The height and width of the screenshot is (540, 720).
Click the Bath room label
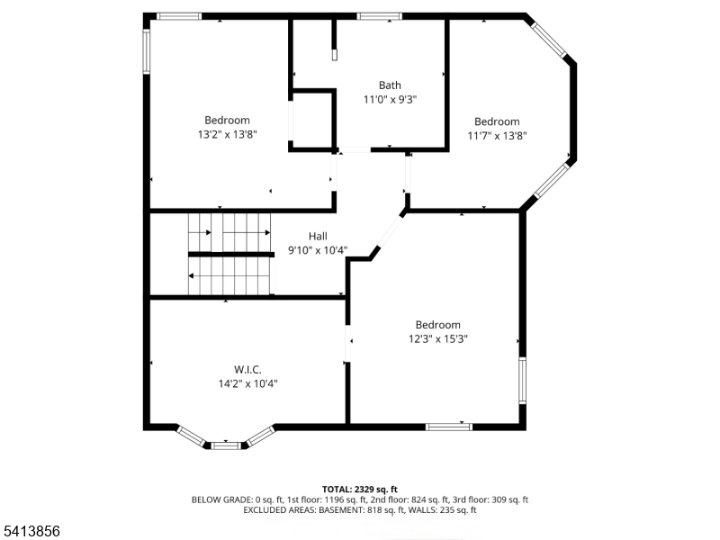click(x=390, y=85)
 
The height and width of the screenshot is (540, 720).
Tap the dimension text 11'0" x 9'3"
click(x=390, y=100)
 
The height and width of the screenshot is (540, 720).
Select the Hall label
click(x=318, y=236)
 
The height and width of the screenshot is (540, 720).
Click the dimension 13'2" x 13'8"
click(x=227, y=134)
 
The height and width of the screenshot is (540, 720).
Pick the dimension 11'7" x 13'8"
click(x=497, y=136)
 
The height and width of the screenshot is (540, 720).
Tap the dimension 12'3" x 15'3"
click(x=437, y=339)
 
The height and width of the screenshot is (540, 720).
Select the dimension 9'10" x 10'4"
click(x=318, y=250)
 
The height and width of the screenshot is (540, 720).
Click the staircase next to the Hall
click(x=229, y=255)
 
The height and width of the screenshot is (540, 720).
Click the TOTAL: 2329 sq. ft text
click(x=360, y=489)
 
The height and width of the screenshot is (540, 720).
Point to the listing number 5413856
click(x=31, y=532)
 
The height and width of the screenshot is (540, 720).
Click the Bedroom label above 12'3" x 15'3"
click(x=437, y=325)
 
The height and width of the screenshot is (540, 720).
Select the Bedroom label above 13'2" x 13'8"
click(x=227, y=120)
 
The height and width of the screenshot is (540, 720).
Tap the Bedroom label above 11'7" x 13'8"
click(x=497, y=121)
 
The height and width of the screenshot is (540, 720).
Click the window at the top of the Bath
click(x=379, y=16)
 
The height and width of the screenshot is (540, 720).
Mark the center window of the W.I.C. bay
click(x=226, y=445)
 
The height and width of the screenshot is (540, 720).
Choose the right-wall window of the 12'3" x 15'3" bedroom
click(x=522, y=380)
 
